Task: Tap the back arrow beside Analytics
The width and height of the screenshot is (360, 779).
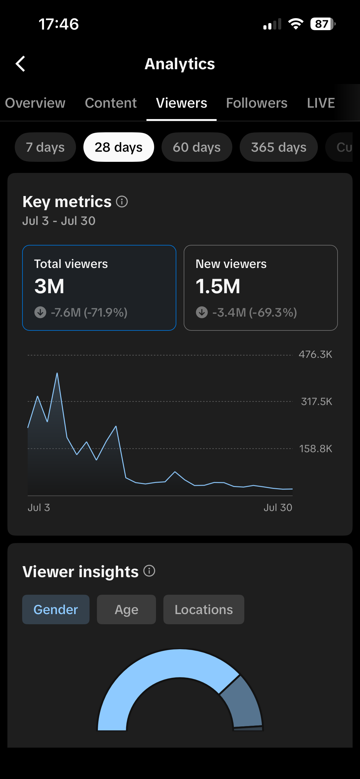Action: [20, 64]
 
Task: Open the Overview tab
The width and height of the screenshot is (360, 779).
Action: [35, 103]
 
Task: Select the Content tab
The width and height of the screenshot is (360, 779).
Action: [111, 103]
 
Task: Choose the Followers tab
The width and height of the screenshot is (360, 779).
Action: [257, 103]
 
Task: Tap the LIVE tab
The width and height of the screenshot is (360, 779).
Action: [321, 103]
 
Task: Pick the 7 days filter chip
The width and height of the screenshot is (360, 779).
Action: [45, 147]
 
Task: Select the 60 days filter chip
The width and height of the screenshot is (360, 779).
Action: [197, 147]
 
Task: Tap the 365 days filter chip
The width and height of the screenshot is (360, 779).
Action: [278, 147]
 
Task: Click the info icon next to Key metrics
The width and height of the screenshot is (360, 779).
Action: [122, 202]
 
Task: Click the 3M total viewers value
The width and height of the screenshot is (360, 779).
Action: [49, 286]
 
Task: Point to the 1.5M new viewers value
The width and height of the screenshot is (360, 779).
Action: [218, 286]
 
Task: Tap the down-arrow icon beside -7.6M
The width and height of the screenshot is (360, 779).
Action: [40, 312]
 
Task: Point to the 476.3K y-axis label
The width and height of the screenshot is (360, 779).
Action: [315, 354]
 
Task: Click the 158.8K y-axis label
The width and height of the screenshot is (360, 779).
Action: [316, 449]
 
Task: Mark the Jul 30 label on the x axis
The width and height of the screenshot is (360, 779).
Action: [278, 507]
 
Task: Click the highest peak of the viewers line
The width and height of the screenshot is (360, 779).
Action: [57, 373]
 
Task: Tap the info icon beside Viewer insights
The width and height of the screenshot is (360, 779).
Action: [149, 571]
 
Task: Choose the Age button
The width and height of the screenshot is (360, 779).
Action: [126, 609]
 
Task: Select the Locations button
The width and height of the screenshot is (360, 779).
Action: [204, 609]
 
